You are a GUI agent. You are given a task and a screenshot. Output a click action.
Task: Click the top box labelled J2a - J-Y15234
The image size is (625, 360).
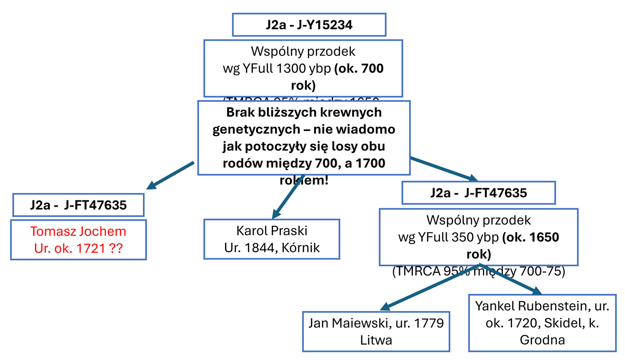point(309,25)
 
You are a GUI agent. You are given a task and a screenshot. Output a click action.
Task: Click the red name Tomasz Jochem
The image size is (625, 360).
point(78,231)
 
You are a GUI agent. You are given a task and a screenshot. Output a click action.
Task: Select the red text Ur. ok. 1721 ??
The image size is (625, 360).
point(78,248)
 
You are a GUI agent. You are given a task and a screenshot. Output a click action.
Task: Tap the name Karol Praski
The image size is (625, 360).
point(272,230)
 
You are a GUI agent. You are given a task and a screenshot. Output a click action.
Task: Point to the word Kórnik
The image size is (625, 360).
point(300,247)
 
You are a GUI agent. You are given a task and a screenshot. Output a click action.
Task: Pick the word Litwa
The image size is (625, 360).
point(376,340)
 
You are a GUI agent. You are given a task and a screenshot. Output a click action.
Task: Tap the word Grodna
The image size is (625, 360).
point(542,340)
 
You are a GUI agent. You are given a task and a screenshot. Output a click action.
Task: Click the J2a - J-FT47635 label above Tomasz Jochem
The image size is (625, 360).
point(78,205)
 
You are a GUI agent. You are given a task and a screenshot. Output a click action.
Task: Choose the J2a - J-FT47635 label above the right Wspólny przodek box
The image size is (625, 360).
point(478,193)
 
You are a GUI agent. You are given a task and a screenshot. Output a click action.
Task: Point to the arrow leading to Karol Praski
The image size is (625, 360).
point(287,196)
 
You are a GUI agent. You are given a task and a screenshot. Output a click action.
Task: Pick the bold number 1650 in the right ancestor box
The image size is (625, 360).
point(544,237)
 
